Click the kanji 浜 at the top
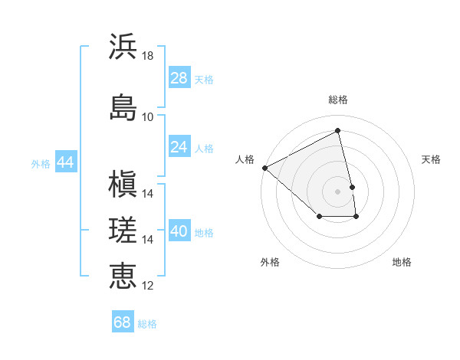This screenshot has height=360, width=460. (x=123, y=46)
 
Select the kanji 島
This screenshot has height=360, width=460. (x=123, y=106)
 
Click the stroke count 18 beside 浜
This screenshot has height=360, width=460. (x=147, y=56)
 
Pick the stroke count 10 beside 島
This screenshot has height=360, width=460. (x=147, y=116)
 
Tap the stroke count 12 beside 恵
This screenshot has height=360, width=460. (x=147, y=286)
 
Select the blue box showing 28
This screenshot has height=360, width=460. (x=179, y=78)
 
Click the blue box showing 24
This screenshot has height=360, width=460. (x=179, y=146)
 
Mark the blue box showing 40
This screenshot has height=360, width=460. (x=179, y=231)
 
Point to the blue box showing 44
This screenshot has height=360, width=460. (x=65, y=162)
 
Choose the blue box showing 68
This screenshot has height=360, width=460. (x=123, y=322)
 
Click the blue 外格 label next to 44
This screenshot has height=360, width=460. (x=41, y=163)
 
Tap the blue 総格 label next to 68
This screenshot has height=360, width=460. (x=147, y=323)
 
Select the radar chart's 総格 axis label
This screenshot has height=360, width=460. (x=338, y=100)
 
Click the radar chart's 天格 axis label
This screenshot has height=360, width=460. (x=432, y=159)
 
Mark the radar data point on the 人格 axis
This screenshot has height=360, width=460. (x=264, y=168)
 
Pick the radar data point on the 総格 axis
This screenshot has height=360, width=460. (x=338, y=130)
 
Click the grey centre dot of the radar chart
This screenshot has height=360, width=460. (x=338, y=191)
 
